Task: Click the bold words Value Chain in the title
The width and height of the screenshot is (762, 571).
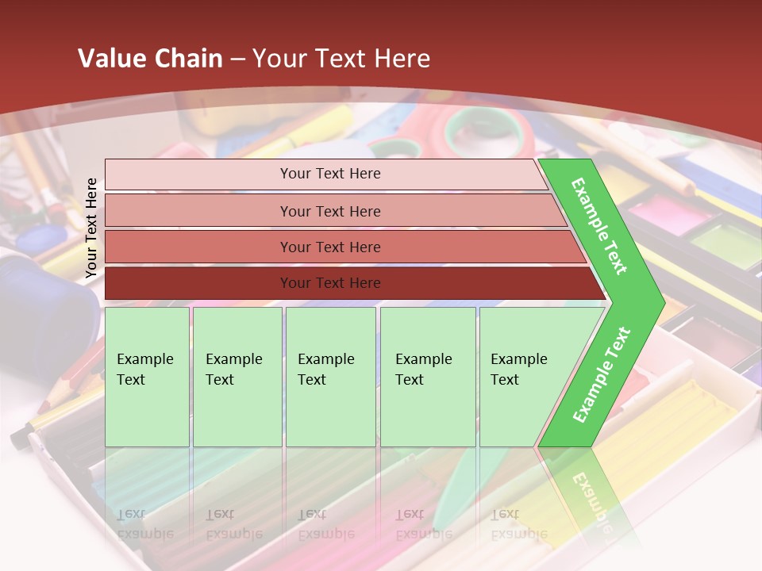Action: point(150,59)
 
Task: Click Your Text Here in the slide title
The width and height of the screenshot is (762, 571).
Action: point(341,59)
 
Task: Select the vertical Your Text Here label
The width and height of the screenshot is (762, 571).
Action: point(91,228)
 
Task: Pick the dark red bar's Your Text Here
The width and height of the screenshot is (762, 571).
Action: point(330,283)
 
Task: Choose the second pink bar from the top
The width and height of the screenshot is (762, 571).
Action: point(330,211)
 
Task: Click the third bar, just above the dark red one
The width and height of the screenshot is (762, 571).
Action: point(330,247)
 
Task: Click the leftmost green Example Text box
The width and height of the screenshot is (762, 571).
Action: point(147,376)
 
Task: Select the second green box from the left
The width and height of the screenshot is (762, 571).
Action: point(237,376)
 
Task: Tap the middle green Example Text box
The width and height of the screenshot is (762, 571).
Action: point(330,376)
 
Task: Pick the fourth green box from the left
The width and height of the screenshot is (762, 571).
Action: point(427,376)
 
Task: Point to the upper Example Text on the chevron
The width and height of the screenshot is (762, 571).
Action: point(599,226)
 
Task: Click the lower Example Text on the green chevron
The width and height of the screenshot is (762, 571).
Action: point(602,374)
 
